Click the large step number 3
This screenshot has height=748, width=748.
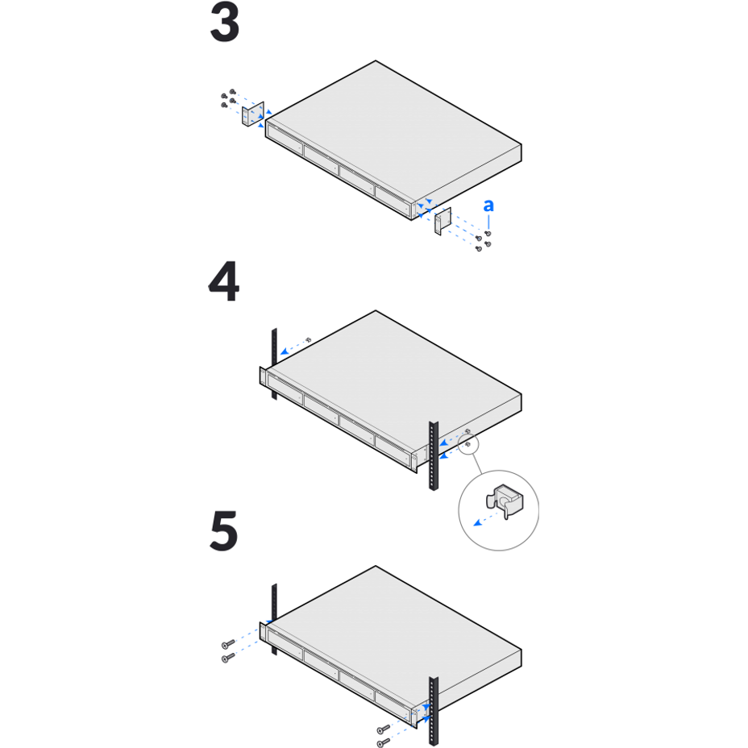click(x=225, y=22)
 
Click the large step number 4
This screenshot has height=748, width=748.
click(x=224, y=281)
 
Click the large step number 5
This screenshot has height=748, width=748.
click(x=224, y=531)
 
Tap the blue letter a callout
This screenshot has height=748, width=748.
click(x=488, y=206)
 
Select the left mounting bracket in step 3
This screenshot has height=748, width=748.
click(x=253, y=114)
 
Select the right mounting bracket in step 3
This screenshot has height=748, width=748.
click(x=443, y=220)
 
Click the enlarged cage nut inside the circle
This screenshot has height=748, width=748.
click(x=505, y=501)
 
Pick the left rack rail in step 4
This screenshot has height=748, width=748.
click(x=274, y=364)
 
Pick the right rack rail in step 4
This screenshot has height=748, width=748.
click(x=434, y=455)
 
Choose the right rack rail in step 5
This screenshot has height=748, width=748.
click(x=434, y=711)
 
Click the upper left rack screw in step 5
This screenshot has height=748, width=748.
click(x=228, y=644)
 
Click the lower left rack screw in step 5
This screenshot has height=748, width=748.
click(x=228, y=658)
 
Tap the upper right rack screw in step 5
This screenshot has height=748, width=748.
click(x=384, y=729)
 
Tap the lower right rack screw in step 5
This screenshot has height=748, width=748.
click(x=383, y=742)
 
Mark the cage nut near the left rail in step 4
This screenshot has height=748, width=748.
click(x=309, y=339)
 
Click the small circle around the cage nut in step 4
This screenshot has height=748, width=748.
click(x=468, y=444)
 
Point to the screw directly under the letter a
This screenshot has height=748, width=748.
click(x=488, y=233)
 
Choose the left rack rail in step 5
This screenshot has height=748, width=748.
click(x=274, y=619)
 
